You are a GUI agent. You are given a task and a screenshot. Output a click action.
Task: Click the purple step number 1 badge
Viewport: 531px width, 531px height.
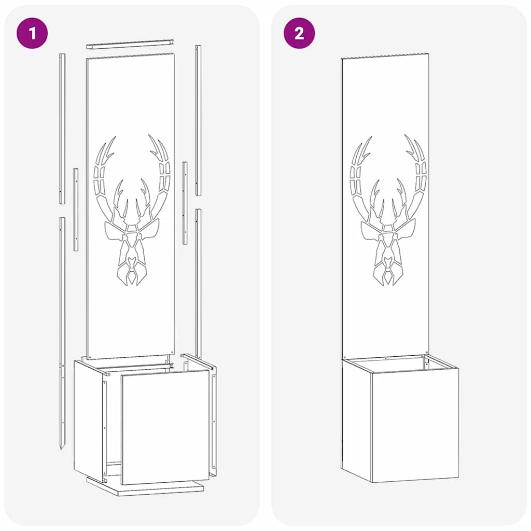(32, 34)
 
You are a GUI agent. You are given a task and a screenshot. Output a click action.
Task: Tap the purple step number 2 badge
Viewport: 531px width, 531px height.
(299, 34)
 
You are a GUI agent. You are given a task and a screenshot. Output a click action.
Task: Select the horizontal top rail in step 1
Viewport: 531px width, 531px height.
(130, 45)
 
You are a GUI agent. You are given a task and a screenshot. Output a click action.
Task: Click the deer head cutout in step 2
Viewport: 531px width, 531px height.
(388, 210)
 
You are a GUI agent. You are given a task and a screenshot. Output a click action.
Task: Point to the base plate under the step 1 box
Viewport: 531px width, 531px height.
(145, 486)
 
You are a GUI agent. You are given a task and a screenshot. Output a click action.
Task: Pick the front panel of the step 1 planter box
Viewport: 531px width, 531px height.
(165, 427)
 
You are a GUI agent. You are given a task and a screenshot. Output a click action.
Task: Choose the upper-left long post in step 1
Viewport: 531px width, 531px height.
(62, 129)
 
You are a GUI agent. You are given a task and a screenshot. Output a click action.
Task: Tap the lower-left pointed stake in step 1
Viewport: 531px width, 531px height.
(62, 333)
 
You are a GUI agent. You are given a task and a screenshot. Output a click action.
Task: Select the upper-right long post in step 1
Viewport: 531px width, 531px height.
(198, 120)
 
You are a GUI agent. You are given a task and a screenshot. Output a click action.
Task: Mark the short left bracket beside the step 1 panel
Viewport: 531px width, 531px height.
(76, 209)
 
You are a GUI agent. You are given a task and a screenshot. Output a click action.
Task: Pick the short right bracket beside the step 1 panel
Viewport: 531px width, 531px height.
(185, 203)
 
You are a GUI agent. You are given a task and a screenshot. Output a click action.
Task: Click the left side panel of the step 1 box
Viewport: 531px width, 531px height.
(88, 418)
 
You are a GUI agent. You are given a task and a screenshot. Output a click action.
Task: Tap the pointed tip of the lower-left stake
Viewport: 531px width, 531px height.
(62, 450)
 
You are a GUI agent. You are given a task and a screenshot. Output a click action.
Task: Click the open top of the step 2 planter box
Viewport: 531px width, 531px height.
(400, 364)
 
